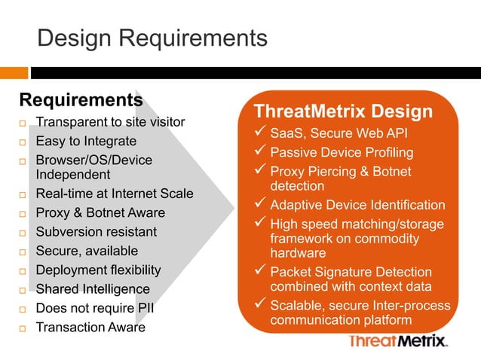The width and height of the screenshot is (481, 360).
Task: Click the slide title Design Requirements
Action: (152, 38)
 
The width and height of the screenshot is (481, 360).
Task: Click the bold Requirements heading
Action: (81, 100)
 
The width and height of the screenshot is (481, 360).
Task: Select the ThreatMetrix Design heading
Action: (343, 112)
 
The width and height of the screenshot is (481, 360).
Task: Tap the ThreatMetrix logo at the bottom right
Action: (399, 342)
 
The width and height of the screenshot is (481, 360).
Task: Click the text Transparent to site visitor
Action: (110, 123)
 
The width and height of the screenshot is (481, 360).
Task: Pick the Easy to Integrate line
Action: (86, 142)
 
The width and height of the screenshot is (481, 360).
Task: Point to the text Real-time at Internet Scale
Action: (115, 194)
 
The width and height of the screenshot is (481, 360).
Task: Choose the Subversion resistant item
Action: (97, 232)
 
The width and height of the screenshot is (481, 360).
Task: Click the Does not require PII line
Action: (95, 308)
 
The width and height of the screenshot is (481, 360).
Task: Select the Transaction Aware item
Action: (90, 327)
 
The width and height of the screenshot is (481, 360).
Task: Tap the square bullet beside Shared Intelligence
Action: (23, 290)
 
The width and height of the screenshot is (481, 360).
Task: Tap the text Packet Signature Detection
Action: (351, 272)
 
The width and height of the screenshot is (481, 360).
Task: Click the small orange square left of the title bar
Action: (14, 73)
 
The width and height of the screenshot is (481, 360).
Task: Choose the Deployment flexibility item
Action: (99, 270)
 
